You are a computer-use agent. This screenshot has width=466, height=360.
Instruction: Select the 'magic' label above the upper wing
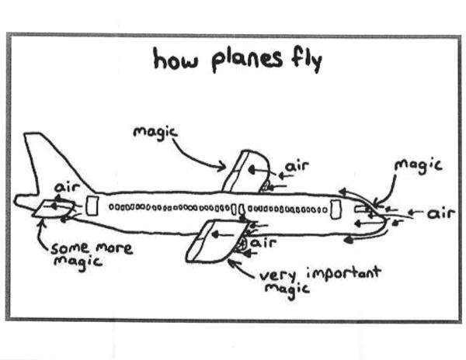pos(155,133)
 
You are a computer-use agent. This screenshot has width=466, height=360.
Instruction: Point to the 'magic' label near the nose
pos(418,165)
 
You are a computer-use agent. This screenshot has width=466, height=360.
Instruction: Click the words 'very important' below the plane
pos(319,274)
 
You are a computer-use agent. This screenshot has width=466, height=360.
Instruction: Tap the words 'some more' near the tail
pos(91,250)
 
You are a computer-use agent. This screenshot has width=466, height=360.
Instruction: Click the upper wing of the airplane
pos(245,171)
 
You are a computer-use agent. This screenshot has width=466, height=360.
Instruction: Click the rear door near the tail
pos(92,206)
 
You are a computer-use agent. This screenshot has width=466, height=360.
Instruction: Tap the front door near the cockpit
pos(336,209)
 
